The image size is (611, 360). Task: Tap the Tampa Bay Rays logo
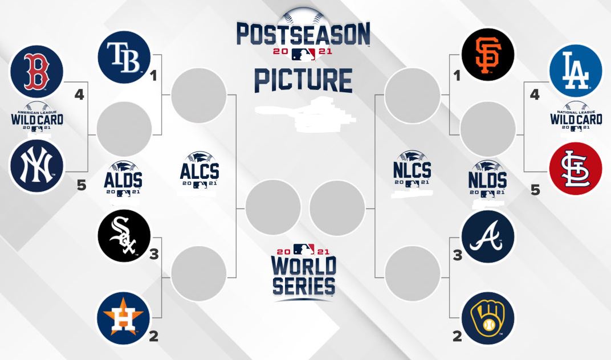click(x=124, y=57)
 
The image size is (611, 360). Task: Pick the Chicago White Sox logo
click(x=124, y=236)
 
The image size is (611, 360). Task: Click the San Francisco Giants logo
click(x=487, y=55)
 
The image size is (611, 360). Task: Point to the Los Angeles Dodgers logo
click(x=575, y=71)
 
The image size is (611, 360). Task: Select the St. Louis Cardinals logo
click(x=575, y=169)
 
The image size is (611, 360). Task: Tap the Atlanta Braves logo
click(x=487, y=237)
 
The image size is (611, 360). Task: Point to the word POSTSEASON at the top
click(x=303, y=34)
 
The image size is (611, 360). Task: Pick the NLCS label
click(x=412, y=170)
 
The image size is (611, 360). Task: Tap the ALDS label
click(x=123, y=181)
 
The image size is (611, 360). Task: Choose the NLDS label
click(x=487, y=180)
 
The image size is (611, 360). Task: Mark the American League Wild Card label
click(x=37, y=120)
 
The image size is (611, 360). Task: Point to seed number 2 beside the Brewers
click(x=457, y=337)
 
